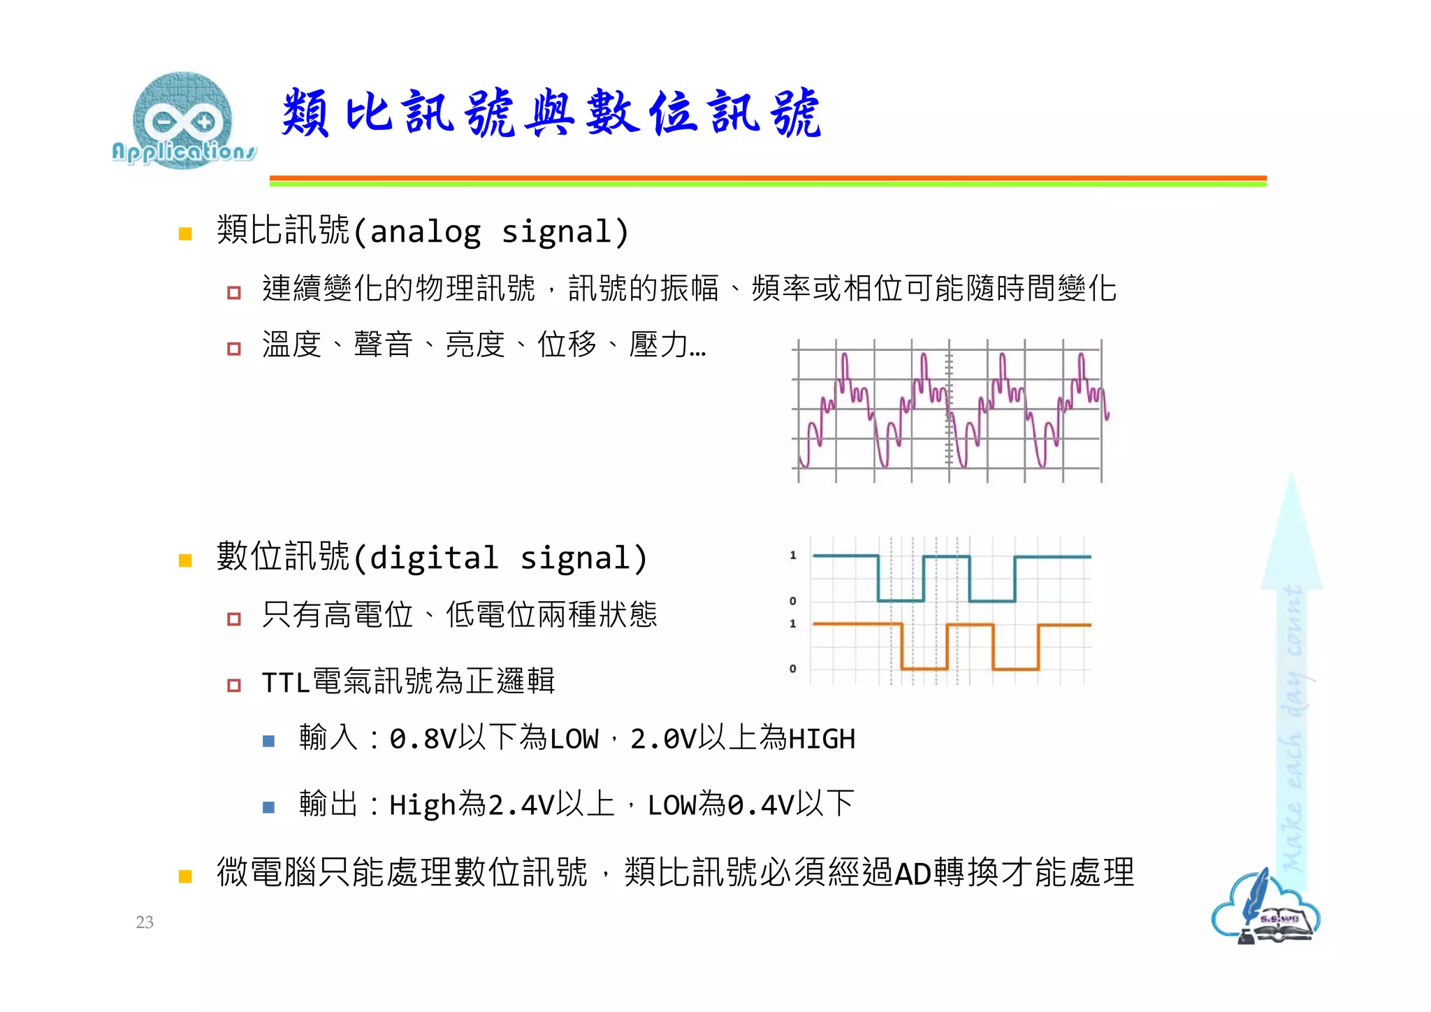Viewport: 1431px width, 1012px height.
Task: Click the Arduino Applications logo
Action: (183, 120)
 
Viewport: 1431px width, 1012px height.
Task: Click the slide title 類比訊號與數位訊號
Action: (551, 113)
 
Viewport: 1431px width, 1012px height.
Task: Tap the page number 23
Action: (145, 922)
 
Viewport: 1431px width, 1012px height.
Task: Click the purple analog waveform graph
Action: (950, 411)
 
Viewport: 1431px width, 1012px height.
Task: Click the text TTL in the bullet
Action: (286, 682)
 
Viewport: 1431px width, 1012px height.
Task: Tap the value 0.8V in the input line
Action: (423, 739)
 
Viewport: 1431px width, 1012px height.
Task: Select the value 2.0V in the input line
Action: (663, 739)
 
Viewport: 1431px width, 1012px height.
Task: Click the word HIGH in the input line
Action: (822, 739)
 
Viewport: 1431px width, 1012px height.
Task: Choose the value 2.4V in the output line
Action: (521, 805)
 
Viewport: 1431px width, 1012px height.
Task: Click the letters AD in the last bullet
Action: (913, 874)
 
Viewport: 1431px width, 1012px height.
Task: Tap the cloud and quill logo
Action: (1265, 909)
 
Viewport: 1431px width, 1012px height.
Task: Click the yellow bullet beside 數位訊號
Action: (185, 560)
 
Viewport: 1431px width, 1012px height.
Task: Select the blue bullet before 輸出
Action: (268, 807)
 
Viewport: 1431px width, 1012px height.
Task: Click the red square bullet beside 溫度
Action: (234, 348)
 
